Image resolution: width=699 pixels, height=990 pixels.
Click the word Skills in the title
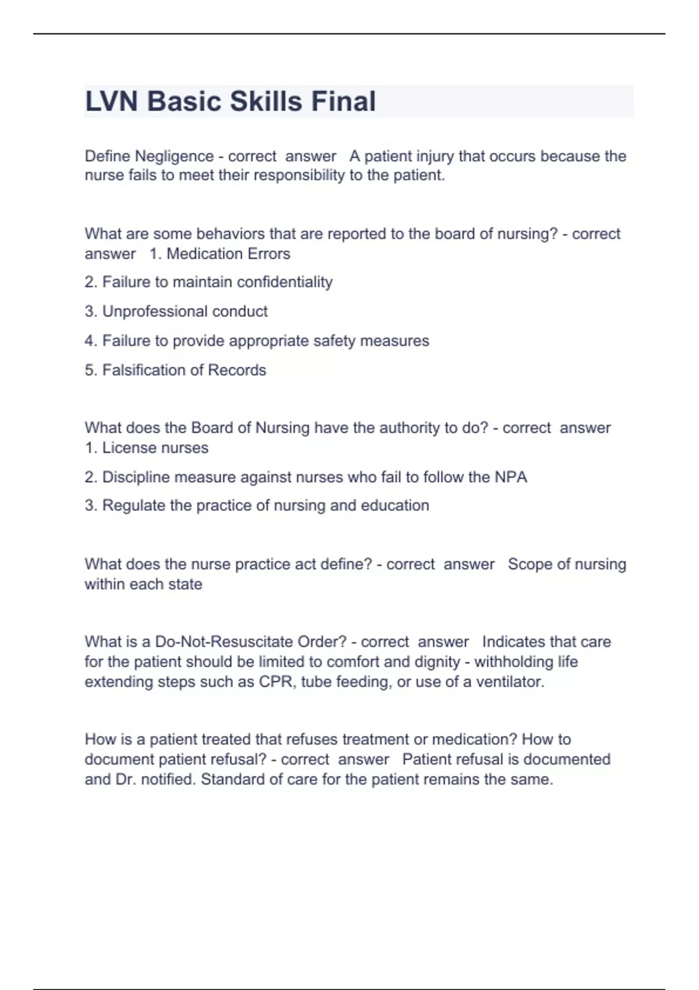coord(266,101)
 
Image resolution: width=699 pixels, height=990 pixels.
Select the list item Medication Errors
coord(228,254)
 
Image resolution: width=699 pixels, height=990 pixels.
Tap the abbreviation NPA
coord(511,478)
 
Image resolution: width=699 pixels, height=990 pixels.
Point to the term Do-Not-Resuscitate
coord(221,642)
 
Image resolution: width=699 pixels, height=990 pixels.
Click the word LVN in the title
coord(112,101)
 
